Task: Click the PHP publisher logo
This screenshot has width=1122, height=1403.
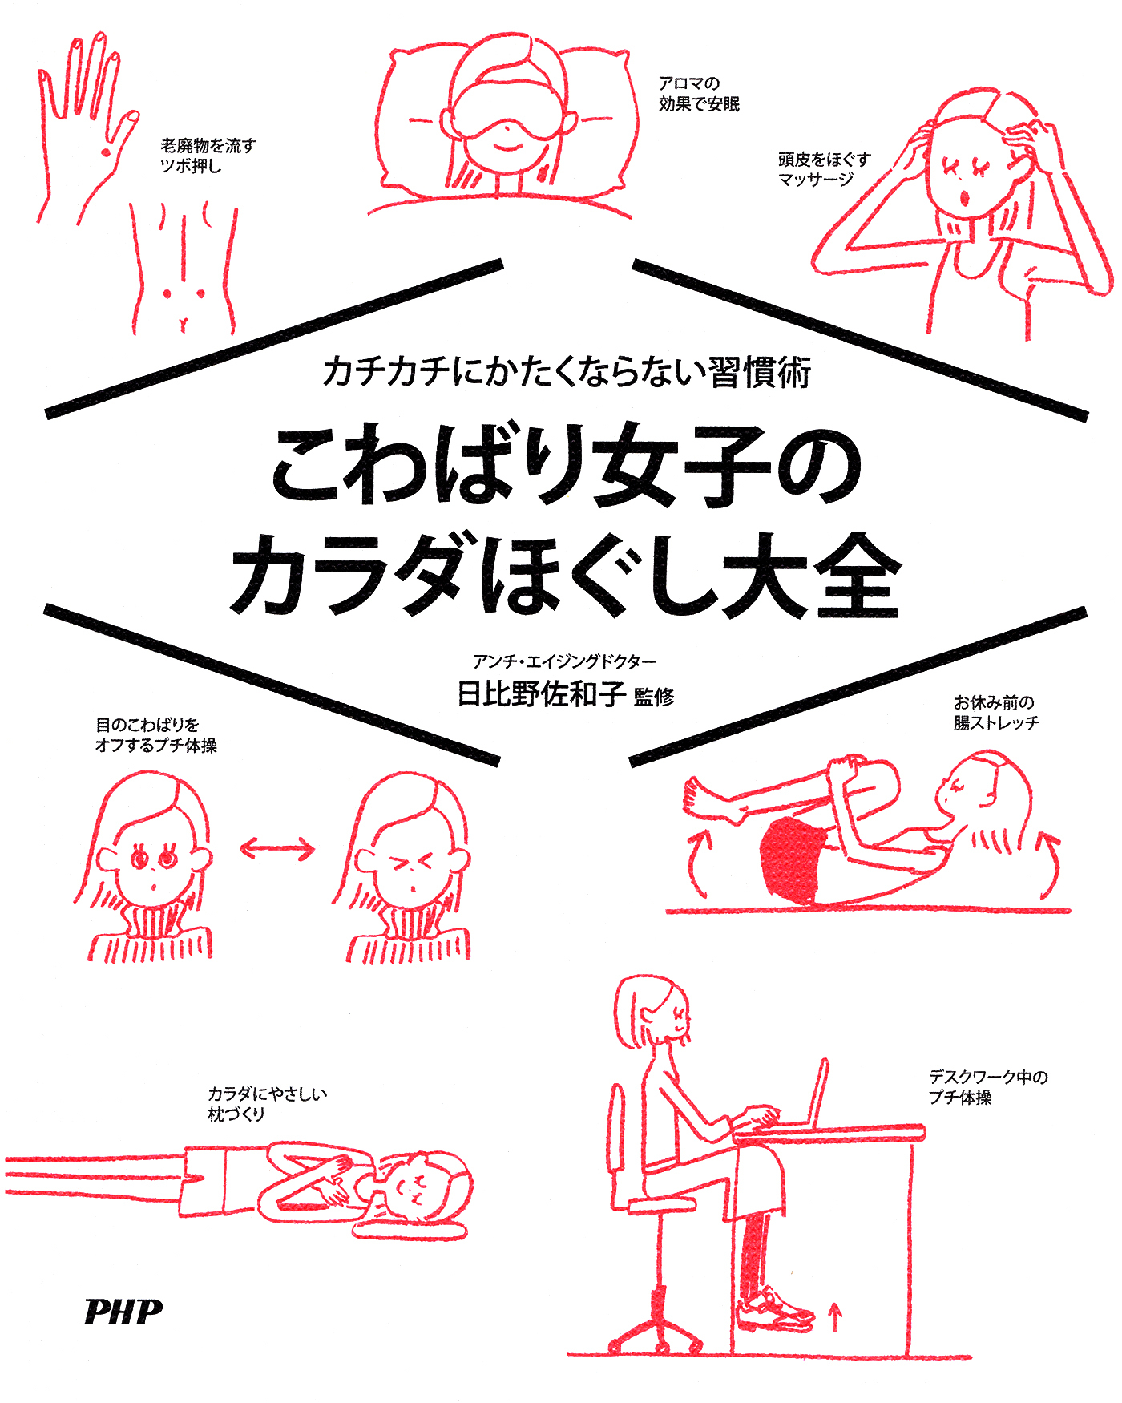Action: tap(123, 1312)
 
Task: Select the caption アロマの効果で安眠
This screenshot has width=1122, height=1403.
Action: tap(698, 94)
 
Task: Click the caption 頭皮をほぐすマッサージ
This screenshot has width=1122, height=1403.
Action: tap(823, 169)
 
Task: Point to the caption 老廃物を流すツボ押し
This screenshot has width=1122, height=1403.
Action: tap(208, 156)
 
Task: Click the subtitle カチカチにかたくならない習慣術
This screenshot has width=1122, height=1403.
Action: tap(567, 372)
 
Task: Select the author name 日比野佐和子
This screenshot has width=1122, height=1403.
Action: tap(541, 693)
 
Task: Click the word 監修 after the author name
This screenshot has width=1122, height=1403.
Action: tap(654, 697)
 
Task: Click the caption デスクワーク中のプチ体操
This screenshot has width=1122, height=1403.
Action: tap(987, 1087)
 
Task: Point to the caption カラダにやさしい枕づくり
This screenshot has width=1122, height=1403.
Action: tap(266, 1104)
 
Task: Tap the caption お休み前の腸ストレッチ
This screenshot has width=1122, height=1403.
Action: tap(995, 712)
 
